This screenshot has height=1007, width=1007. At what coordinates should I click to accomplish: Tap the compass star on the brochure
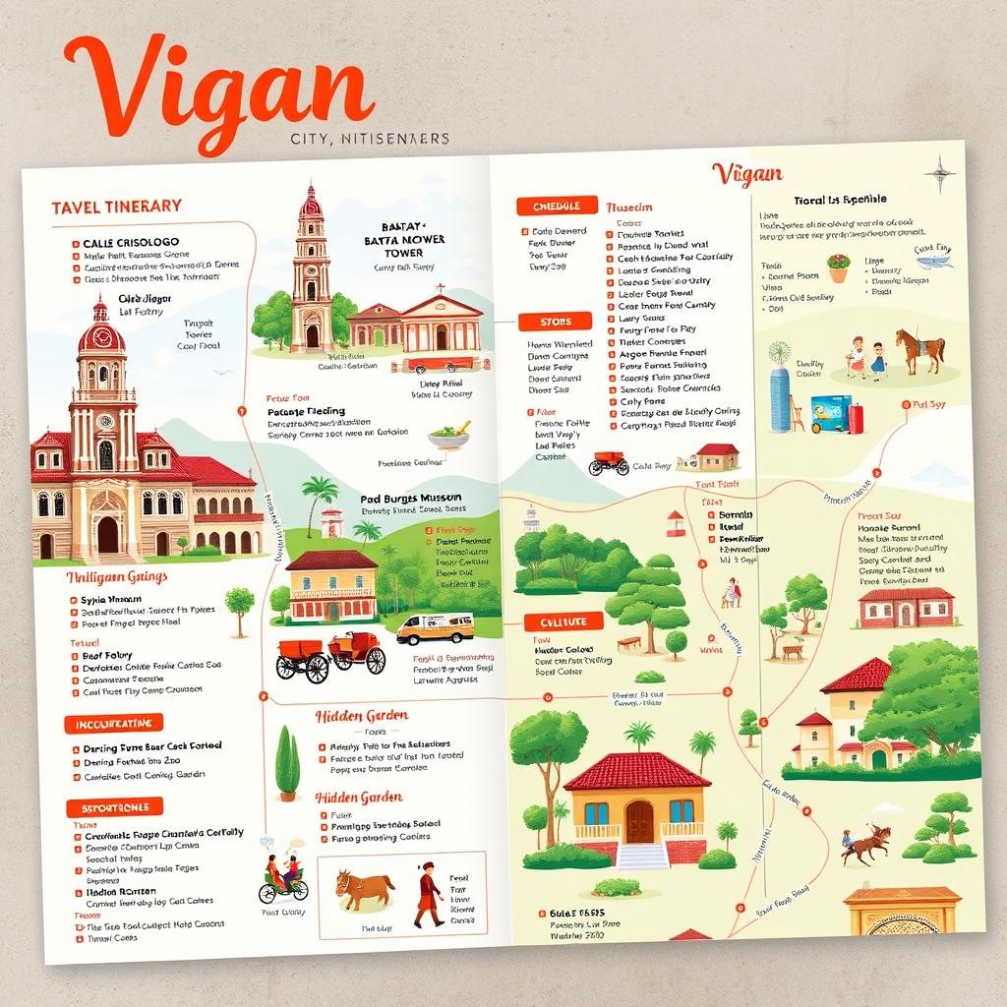click(x=941, y=174)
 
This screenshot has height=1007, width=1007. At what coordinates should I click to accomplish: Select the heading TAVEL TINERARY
click(x=116, y=206)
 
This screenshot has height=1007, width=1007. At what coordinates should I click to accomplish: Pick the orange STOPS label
click(x=556, y=322)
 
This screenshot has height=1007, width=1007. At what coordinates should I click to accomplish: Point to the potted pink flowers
click(x=838, y=267)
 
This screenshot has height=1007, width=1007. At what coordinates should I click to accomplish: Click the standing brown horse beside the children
click(x=920, y=350)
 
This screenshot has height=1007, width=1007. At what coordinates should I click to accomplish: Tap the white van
click(x=435, y=627)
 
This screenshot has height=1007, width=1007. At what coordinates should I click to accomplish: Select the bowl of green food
click(x=448, y=437)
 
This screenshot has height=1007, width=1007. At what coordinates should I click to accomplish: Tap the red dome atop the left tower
click(x=101, y=334)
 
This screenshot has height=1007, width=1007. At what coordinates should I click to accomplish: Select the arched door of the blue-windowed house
click(x=639, y=820)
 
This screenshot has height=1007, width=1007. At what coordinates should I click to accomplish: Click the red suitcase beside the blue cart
click(x=856, y=418)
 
